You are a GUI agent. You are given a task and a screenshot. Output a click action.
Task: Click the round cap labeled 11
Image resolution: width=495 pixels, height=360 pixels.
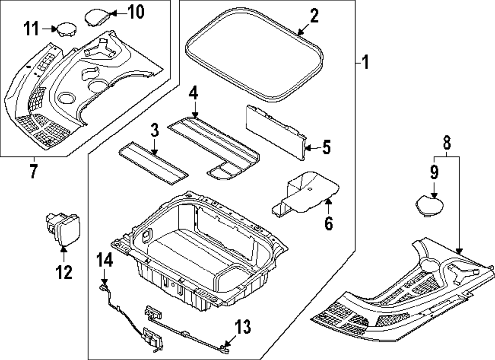65,29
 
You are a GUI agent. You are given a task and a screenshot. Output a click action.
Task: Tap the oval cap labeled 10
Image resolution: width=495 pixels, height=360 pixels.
97,16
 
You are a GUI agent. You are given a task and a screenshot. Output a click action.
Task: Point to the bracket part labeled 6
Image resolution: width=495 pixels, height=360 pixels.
307,193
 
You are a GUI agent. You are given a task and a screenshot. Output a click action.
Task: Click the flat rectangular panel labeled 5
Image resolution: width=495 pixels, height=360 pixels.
275,132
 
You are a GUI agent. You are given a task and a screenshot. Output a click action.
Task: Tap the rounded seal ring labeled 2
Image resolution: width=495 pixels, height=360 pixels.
255,54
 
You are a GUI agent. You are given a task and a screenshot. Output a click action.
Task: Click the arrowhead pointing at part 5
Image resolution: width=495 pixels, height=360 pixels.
306,147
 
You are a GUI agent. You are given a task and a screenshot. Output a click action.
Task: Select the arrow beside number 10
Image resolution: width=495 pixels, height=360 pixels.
110,12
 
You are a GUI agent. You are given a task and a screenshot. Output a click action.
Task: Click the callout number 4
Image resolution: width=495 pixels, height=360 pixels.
193,93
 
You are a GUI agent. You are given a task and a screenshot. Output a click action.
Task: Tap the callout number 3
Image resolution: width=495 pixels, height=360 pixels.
154,132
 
